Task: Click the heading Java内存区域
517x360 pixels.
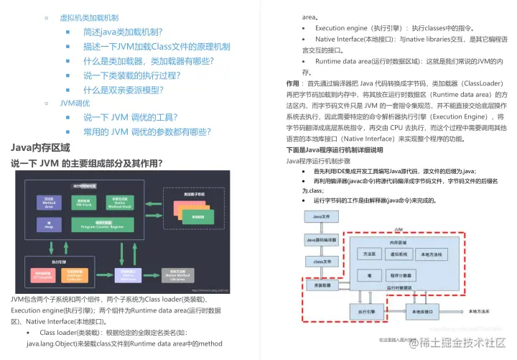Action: [40, 147]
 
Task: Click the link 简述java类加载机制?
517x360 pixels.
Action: [123, 32]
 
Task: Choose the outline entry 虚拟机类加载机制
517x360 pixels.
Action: [89, 18]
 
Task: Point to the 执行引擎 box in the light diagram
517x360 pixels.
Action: [367, 313]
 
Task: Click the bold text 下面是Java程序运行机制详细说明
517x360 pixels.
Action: [335, 150]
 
